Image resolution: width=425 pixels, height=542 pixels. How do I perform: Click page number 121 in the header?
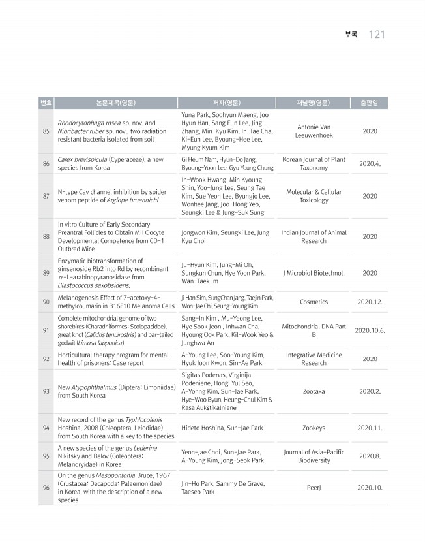[377, 34]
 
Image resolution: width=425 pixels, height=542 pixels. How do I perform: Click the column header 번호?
[46, 103]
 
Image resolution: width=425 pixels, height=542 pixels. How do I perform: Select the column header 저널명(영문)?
[314, 103]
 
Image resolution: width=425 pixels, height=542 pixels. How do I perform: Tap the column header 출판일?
[370, 103]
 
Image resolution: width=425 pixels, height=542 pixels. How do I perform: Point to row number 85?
[46, 131]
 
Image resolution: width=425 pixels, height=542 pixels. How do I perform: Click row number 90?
[46, 302]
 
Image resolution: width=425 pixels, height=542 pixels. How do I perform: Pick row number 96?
[46, 487]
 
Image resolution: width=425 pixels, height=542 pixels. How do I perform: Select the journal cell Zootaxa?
[314, 391]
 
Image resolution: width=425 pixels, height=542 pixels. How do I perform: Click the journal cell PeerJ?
[314, 487]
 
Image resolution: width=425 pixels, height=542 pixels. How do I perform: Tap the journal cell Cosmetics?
[314, 302]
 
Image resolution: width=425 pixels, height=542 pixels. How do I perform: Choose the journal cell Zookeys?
[314, 428]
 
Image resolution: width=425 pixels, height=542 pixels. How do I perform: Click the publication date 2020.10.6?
[370, 330]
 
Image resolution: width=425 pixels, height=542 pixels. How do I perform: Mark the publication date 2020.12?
[370, 302]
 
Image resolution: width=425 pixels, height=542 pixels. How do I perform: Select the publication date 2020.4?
[370, 164]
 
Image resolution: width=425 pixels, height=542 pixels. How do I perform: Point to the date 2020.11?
[370, 428]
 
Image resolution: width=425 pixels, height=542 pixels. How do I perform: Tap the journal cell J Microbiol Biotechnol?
[314, 273]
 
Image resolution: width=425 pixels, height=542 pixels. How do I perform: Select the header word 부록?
[351, 34]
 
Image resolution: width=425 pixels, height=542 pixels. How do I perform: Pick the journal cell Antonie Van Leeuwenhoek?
[314, 131]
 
